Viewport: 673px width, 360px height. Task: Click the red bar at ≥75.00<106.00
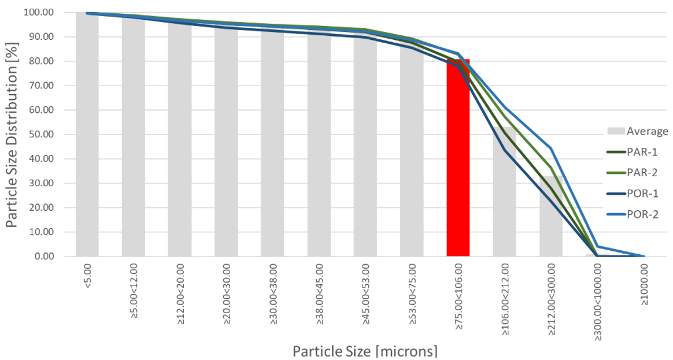click(x=458, y=173)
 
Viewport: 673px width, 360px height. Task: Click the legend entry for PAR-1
click(x=637, y=152)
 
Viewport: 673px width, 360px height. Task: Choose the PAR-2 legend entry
click(x=637, y=173)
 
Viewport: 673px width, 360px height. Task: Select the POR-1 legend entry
click(x=637, y=194)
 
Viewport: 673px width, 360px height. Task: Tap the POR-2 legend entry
click(x=637, y=214)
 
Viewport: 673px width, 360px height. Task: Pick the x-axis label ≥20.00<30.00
click(x=227, y=295)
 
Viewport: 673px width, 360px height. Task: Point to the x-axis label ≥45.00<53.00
click(x=365, y=295)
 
